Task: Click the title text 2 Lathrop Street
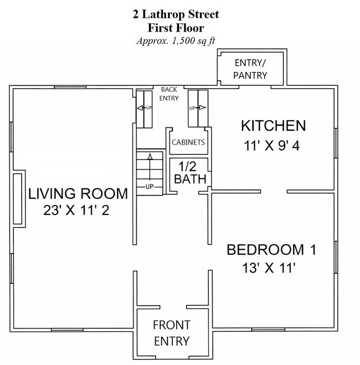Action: coord(176,14)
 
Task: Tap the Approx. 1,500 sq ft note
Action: coord(176,41)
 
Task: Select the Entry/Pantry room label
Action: coord(250,69)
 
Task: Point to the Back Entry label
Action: coord(169,94)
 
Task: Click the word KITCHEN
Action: coord(273,126)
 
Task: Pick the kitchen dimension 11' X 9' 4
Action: coord(271,146)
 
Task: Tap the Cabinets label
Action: coord(188,142)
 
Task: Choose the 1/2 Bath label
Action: coord(190,173)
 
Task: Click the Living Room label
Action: coord(78,194)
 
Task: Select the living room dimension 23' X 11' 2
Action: coord(76,210)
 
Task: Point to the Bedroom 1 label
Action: coord(271,250)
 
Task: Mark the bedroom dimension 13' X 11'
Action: coord(269,268)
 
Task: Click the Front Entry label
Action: coord(172,333)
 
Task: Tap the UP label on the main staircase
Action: coord(150,187)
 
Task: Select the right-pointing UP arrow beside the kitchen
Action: coord(198,108)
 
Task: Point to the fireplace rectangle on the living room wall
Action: coord(18,199)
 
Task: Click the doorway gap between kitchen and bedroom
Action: coord(274,192)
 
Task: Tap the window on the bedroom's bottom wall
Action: coord(268,330)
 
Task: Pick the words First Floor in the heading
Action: coord(176,28)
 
